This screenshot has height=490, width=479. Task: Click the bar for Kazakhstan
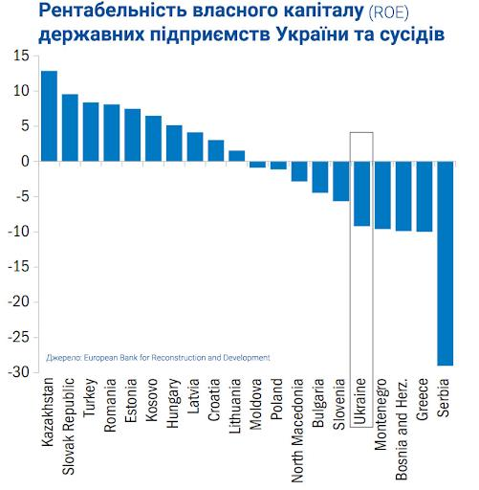[x=50, y=116]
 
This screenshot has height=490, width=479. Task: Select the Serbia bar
[x=446, y=263]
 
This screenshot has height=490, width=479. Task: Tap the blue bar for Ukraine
[x=361, y=193]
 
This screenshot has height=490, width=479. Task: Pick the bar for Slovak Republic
[x=70, y=127]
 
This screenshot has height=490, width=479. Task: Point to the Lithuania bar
[x=237, y=156]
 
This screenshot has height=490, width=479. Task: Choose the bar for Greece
[x=425, y=196]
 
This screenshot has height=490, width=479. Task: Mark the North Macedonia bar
[x=299, y=171]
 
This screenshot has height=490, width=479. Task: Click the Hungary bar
[x=174, y=144]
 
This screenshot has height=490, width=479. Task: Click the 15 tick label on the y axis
[x=21, y=56]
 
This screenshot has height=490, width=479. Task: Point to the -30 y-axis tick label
[x=19, y=372]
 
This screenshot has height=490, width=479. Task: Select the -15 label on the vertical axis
[x=19, y=267]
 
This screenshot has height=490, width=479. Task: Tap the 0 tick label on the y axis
[x=25, y=162]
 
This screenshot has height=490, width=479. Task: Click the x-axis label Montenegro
[x=381, y=414]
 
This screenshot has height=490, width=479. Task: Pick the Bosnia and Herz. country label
[x=402, y=429]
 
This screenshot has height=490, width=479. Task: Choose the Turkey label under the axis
[x=89, y=397]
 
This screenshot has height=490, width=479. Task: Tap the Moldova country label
[x=255, y=404]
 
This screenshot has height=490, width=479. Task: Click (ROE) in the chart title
[x=388, y=12]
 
